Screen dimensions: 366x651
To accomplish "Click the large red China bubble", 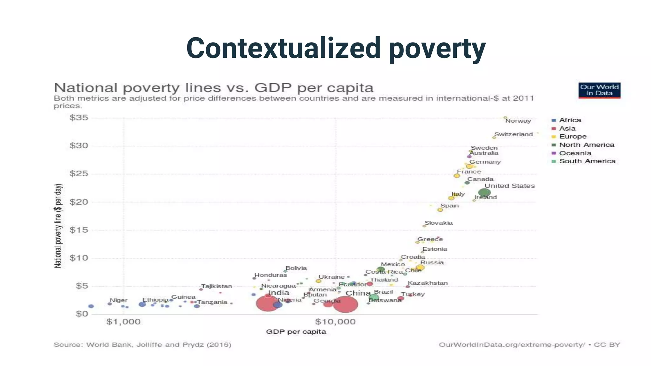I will (345, 304).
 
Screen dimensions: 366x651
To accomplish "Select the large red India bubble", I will (267, 303).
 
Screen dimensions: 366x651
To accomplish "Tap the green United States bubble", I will (484, 192).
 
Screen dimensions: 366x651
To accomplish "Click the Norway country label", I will (518, 121).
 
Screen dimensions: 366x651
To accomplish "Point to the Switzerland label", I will (513, 134).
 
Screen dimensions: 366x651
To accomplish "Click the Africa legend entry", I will (570, 120).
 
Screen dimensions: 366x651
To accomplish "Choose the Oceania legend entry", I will (575, 153).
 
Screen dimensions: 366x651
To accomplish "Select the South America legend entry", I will (587, 161).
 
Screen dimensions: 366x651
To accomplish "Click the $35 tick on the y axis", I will (79, 118).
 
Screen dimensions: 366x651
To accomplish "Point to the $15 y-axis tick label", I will (79, 230).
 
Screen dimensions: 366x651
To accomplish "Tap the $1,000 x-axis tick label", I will (123, 322).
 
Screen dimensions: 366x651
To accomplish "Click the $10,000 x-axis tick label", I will (335, 322).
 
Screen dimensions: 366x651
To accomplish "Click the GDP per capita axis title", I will (296, 332).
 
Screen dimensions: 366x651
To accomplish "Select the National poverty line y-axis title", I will (58, 226).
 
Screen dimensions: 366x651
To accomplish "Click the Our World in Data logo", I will (599, 90).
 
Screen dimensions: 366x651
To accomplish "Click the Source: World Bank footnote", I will (142, 345).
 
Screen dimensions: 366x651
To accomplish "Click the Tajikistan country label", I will (216, 286).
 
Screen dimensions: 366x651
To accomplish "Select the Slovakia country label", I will (438, 223).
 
